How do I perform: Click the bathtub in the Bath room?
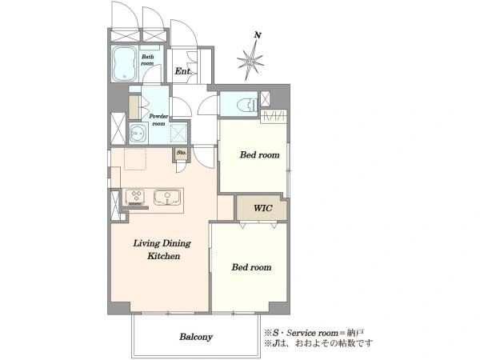click(x=124, y=64)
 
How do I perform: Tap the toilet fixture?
click(x=247, y=105)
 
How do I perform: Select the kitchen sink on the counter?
click(x=167, y=197)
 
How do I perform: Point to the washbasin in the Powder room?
click(x=138, y=134)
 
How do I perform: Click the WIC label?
click(x=262, y=208)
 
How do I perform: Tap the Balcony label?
click(x=196, y=337)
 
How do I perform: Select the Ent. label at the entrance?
click(x=183, y=71)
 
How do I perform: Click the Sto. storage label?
click(x=182, y=152)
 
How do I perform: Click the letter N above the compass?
click(x=258, y=35)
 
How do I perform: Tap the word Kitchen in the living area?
click(x=164, y=256)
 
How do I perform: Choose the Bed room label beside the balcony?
click(x=251, y=267)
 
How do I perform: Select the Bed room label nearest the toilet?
click(x=259, y=154)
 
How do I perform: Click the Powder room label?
click(x=158, y=120)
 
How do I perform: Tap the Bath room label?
click(x=147, y=60)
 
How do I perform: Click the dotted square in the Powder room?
click(x=178, y=133)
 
